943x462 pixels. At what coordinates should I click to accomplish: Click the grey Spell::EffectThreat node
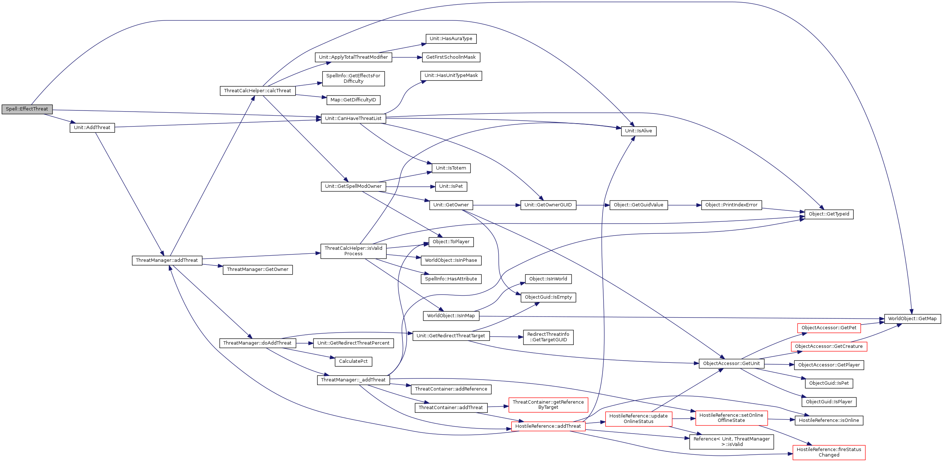27,109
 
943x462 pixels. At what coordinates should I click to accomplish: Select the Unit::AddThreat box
92,128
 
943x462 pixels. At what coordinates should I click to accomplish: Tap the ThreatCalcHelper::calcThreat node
257,91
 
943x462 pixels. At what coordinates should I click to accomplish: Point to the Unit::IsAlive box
638,131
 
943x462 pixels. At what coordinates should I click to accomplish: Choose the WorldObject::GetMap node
912,319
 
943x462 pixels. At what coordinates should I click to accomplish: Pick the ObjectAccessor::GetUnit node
732,364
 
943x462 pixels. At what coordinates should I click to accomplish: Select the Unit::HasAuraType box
451,39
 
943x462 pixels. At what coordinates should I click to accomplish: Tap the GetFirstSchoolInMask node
451,58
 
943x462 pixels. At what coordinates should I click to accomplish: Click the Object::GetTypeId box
829,214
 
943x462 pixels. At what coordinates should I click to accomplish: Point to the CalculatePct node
353,361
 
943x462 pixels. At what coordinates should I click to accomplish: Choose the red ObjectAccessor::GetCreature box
829,346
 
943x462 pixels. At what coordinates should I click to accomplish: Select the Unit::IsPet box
451,186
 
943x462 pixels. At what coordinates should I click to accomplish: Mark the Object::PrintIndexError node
732,205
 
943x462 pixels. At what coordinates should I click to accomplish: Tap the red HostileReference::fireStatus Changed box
829,453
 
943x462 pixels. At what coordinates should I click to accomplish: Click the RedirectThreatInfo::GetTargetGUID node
548,337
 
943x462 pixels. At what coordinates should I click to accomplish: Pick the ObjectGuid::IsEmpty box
548,297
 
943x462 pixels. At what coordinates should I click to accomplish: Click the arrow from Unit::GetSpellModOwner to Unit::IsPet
410,187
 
